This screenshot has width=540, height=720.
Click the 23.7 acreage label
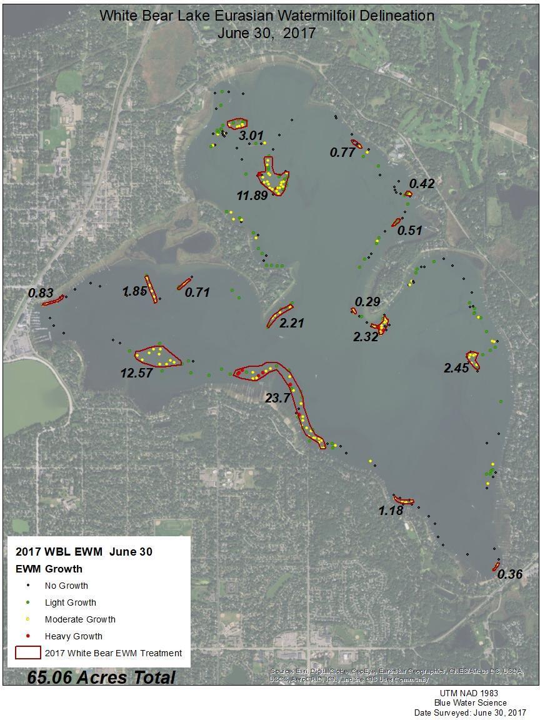(277, 398)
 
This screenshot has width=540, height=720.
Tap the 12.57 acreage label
(136, 373)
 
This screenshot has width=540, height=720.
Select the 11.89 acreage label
(252, 196)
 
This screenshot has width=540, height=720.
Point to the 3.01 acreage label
(251, 136)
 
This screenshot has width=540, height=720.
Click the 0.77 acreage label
(342, 152)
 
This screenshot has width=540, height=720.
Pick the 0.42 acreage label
(421, 184)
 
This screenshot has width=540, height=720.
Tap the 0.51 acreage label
(410, 231)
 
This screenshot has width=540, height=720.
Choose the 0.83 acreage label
(41, 292)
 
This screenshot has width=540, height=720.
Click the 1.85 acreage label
(134, 291)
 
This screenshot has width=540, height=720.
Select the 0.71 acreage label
(197, 292)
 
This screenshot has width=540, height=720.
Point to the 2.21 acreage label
(291, 324)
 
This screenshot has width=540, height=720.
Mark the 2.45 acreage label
(456, 369)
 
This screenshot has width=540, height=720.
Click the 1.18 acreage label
(391, 511)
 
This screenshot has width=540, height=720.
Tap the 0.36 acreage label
(510, 574)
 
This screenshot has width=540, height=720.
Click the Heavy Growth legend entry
(73, 636)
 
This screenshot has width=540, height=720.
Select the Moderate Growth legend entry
(80, 619)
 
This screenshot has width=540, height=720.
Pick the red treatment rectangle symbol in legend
(29, 653)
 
